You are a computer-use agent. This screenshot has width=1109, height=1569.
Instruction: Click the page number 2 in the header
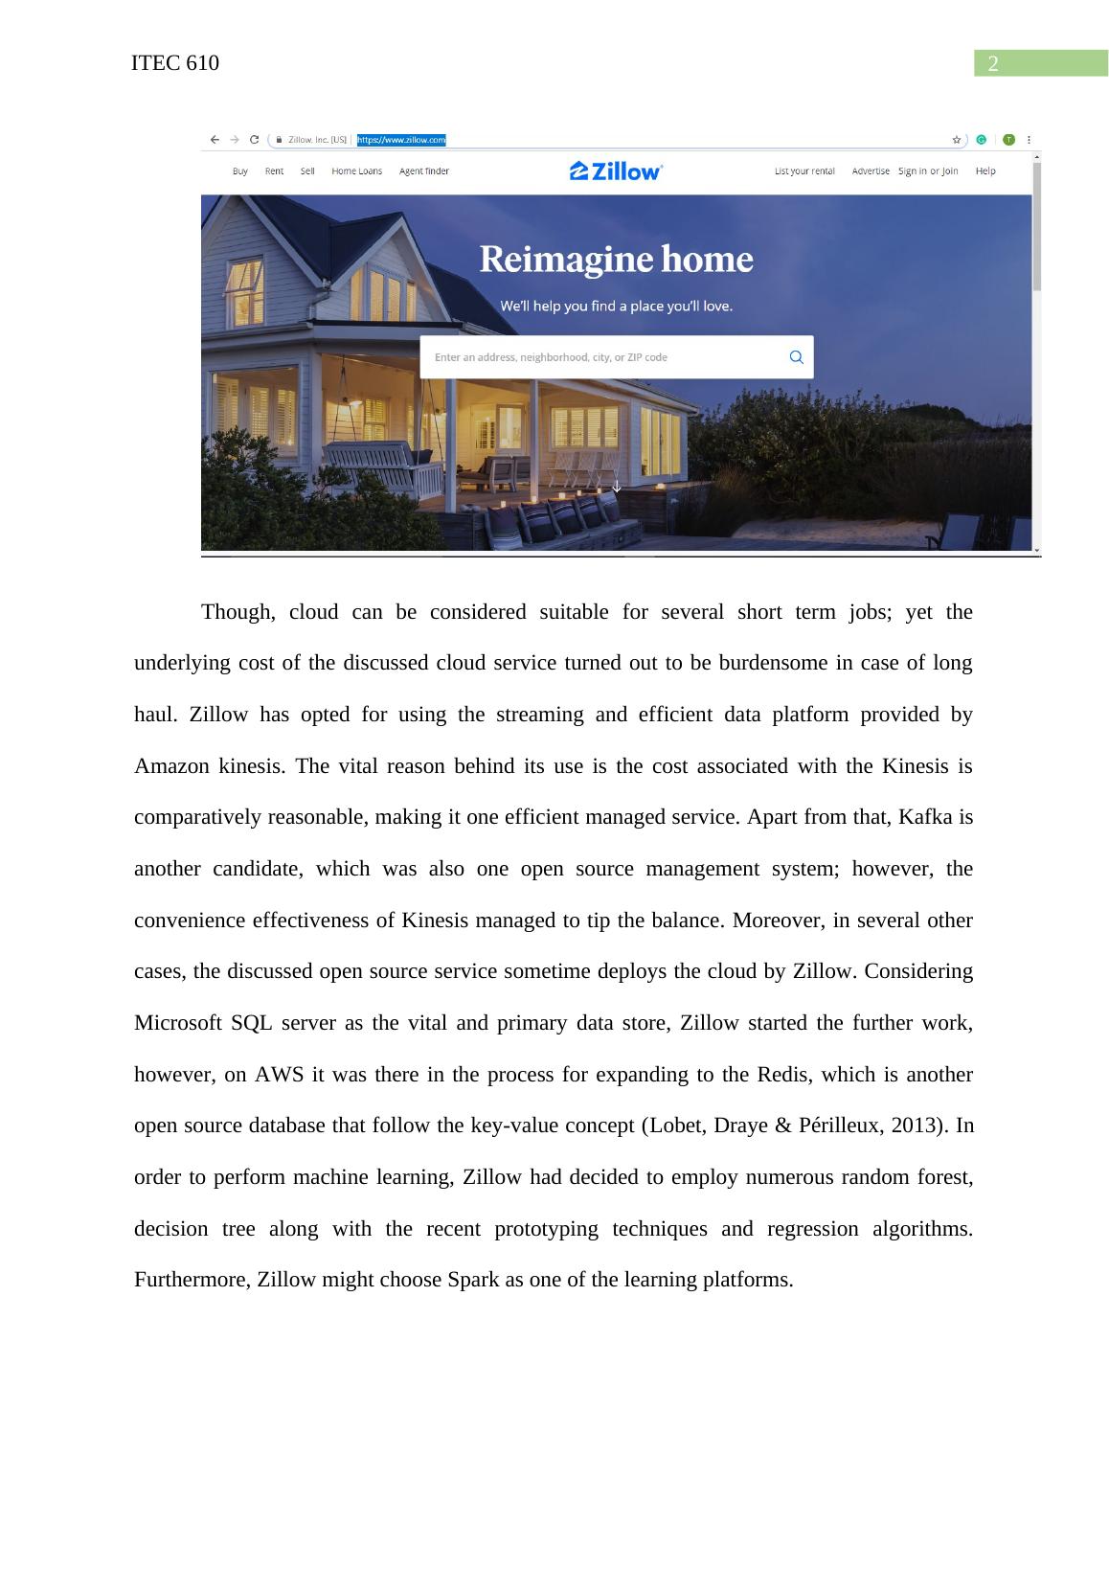click(993, 64)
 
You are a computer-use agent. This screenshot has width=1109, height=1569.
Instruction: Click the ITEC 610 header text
click(175, 63)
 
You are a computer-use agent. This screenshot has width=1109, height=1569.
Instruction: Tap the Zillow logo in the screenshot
click(616, 171)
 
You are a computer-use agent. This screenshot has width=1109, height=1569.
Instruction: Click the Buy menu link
click(240, 171)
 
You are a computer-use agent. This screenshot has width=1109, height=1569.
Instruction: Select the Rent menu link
click(274, 171)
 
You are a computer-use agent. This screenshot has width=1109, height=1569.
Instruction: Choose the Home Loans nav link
click(356, 171)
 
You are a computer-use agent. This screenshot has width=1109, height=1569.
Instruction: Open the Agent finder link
click(423, 171)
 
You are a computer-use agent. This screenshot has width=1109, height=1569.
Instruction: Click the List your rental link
click(804, 171)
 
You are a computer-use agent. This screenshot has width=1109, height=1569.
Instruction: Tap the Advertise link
click(871, 171)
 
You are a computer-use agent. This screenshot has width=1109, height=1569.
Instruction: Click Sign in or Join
click(928, 171)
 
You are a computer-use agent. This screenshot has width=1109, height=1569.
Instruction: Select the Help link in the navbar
click(985, 171)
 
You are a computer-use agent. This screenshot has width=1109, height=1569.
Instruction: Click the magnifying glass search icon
click(796, 357)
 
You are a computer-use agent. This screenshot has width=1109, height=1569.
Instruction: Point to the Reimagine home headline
click(616, 260)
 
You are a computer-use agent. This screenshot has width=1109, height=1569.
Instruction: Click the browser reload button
click(255, 140)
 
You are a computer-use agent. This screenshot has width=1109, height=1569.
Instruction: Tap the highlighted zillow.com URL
click(401, 140)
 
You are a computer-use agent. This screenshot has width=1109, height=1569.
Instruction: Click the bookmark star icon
click(956, 140)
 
